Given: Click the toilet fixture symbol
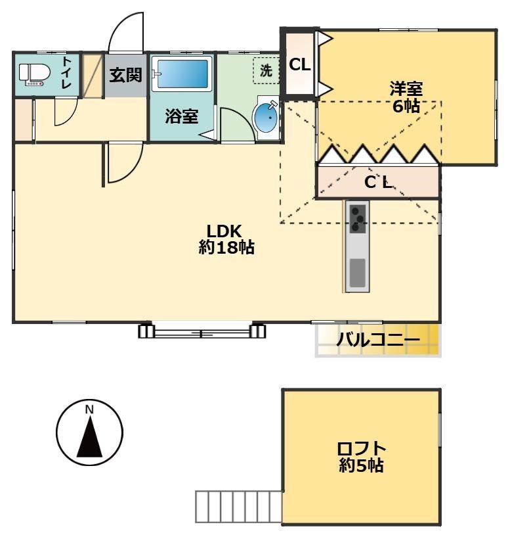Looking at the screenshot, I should pos(32,74).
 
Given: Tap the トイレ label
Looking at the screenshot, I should pos(67,74).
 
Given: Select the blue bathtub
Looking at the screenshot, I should pos(181,74).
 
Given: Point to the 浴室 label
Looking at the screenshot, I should pos(181,117).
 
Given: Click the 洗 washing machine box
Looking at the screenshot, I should pos(266,71).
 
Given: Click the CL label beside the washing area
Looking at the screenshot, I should pos(300,65).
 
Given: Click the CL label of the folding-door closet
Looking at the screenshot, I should pos(378,182).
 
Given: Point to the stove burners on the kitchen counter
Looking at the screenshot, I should pos(358,219).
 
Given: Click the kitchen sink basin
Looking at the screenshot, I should pos(357,272).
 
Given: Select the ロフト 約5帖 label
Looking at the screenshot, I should pos(361,457).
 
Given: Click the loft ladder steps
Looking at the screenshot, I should pos(238,506).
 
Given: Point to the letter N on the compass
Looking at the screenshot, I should pos(90,410).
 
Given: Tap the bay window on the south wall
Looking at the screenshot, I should pos(202,330).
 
